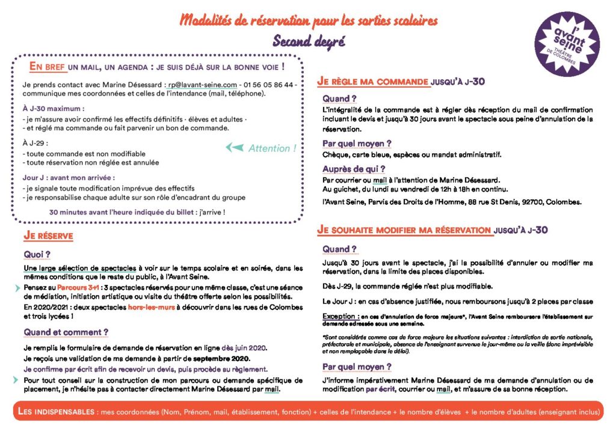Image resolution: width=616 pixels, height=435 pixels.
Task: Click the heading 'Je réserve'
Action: (49, 236)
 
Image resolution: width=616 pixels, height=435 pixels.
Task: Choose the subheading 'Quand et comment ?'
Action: (66, 332)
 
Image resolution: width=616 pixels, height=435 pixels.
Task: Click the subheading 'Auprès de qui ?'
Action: (354, 169)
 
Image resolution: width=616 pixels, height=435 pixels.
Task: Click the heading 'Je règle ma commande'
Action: (373, 81)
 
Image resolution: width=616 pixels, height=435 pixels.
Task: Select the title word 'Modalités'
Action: (212, 22)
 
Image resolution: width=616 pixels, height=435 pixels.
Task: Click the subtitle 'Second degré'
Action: (309, 42)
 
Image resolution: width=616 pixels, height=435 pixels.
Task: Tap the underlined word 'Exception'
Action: (339, 316)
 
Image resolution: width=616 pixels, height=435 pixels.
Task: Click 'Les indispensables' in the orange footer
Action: (54, 412)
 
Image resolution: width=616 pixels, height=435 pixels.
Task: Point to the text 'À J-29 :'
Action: (35, 143)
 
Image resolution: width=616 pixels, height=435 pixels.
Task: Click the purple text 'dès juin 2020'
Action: (244, 348)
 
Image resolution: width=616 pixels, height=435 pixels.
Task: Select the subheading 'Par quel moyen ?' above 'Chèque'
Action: (357, 144)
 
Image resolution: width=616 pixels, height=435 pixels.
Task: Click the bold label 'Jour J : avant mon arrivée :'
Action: (69, 178)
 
